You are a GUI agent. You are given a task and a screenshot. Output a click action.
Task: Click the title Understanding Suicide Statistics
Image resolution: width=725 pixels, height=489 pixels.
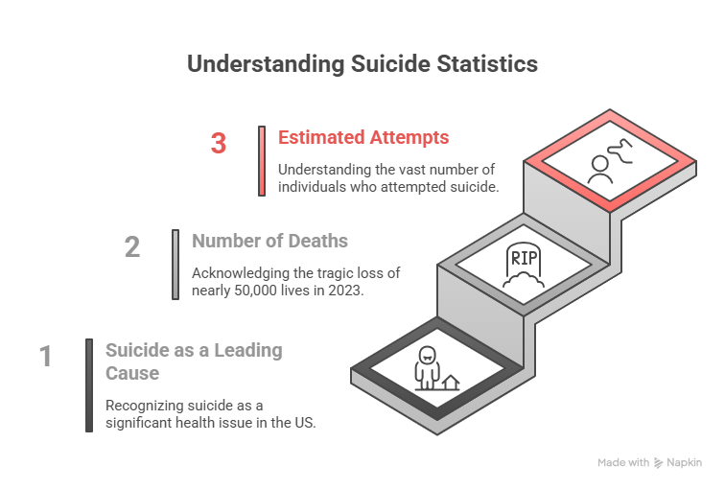point(362,64)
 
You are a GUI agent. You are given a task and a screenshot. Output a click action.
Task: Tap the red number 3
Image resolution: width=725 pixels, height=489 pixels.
point(219,144)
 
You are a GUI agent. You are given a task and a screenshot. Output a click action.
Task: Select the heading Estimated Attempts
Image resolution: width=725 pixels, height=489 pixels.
point(363,137)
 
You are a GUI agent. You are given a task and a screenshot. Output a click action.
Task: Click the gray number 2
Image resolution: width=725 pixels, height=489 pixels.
point(132,247)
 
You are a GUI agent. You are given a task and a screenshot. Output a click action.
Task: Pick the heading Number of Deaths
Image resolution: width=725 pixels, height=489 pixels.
point(269,241)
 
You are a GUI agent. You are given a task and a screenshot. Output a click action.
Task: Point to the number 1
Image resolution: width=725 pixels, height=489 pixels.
point(45,357)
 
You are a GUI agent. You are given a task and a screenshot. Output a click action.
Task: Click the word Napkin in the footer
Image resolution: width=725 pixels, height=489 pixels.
point(685,462)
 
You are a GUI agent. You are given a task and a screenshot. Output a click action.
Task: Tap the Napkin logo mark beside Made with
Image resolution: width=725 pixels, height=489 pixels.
point(659,462)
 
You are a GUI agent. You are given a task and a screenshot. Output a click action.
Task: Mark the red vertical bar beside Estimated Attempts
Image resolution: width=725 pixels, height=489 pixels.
point(262,160)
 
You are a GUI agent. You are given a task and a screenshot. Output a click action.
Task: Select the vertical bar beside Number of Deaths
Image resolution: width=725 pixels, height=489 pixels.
point(175,264)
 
